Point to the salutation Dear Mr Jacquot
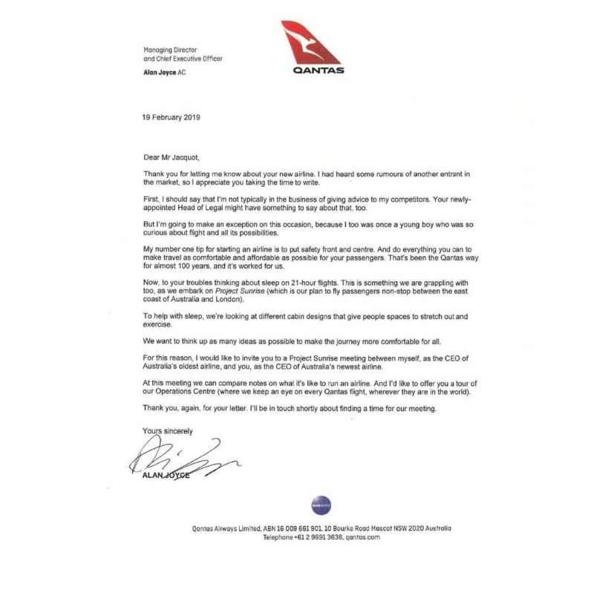pos(171,157)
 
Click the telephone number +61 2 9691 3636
pos(321,537)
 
